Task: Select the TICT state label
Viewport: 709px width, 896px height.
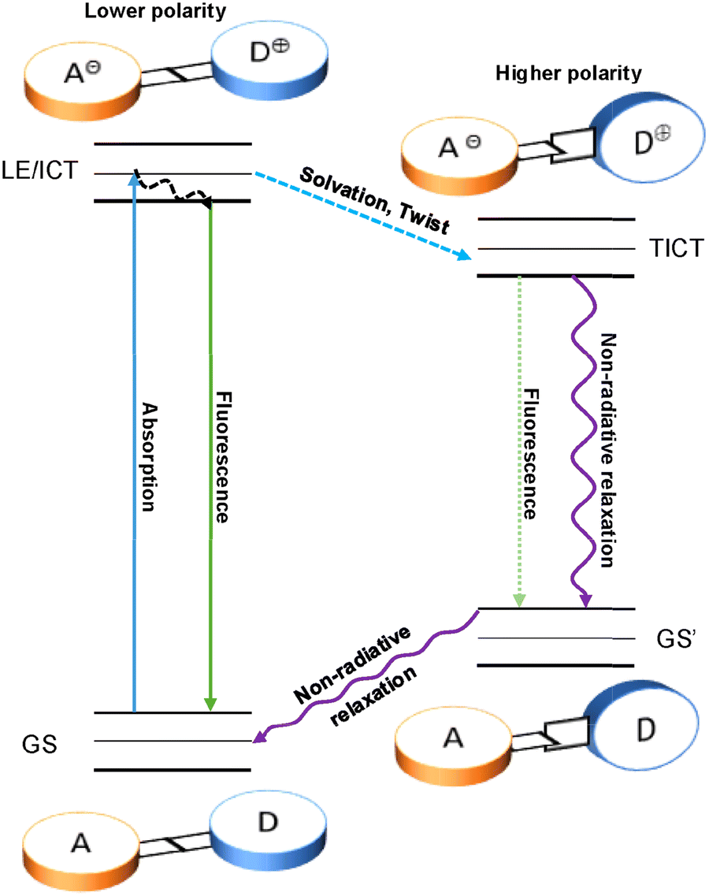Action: click(672, 250)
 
